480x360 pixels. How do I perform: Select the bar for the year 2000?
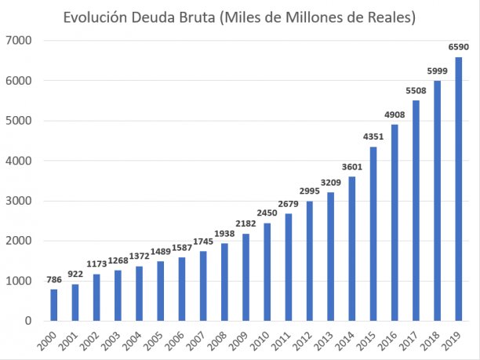[x=54, y=305]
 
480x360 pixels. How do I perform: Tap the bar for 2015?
[x=373, y=234]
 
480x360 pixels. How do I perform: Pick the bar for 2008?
[x=224, y=282]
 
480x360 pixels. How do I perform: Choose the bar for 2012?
[x=310, y=260]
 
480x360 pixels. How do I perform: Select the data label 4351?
[x=373, y=138]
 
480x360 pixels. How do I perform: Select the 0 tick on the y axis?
[x=28, y=321]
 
